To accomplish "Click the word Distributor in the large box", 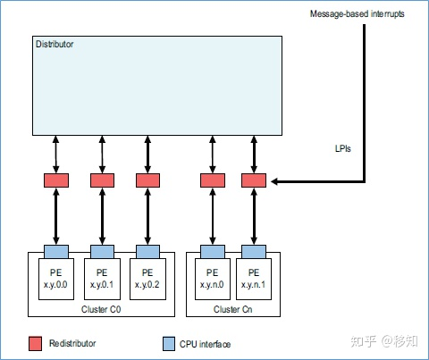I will click(54, 43).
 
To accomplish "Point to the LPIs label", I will click(335, 148).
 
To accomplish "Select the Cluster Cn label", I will click(231, 308).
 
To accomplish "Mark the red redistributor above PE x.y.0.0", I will click(55, 180).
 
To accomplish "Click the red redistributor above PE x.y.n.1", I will click(253, 180).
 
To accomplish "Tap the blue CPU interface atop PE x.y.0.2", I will click(147, 251).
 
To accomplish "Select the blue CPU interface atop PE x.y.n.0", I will click(212, 251).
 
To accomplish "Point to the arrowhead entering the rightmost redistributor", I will click(271, 181).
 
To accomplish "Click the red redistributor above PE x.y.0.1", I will click(101, 180).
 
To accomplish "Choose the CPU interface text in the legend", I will click(208, 344).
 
